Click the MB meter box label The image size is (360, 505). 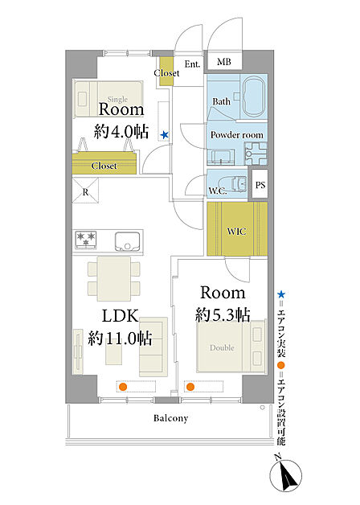pyautogui.click(x=224, y=61)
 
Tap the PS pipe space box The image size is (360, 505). pyautogui.click(x=260, y=184)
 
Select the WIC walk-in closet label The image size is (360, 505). pyautogui.click(x=236, y=232)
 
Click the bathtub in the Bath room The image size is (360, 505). pyautogui.click(x=255, y=96)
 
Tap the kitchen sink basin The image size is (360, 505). pyautogui.click(x=128, y=241)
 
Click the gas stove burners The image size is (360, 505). pyautogui.click(x=86, y=240)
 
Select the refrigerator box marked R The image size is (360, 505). pyautogui.click(x=85, y=191)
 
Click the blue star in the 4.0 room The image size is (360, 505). pyautogui.click(x=165, y=134)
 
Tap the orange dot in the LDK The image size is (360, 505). pyautogui.click(x=123, y=387)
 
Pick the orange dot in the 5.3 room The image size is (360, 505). pyautogui.click(x=190, y=387)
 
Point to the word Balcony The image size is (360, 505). pyautogui.click(x=170, y=418)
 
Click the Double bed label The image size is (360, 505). pyautogui.click(x=222, y=348)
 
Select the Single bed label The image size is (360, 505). pyautogui.click(x=117, y=99)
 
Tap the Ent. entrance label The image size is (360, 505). pyautogui.click(x=192, y=64)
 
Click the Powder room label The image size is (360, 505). pyautogui.click(x=237, y=134)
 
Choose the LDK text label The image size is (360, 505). pyautogui.click(x=121, y=316)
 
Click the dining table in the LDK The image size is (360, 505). pyautogui.click(x=114, y=278)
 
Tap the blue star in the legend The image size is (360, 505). pyautogui.click(x=281, y=294)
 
